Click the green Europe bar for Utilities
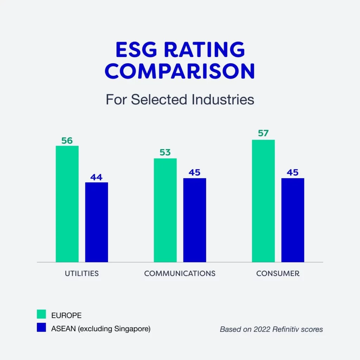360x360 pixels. (x=67, y=204)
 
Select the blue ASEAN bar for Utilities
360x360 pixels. (x=97, y=222)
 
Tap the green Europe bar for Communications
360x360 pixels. (x=165, y=210)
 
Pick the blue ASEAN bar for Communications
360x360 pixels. (x=195, y=220)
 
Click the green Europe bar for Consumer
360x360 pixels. (x=263, y=201)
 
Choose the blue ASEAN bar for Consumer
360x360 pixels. (x=293, y=220)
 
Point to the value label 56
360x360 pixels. (x=67, y=141)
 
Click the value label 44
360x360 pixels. (x=96, y=177)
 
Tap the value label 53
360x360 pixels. (x=165, y=153)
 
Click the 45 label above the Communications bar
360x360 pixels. (x=194, y=173)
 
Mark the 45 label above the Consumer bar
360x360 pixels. (x=292, y=173)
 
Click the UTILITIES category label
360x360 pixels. (x=82, y=273)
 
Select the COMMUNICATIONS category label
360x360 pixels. (x=180, y=273)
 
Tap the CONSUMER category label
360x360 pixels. (x=278, y=273)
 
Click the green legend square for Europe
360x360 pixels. (x=41, y=314)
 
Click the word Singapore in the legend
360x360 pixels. (x=131, y=329)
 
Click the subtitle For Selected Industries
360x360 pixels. (x=180, y=99)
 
